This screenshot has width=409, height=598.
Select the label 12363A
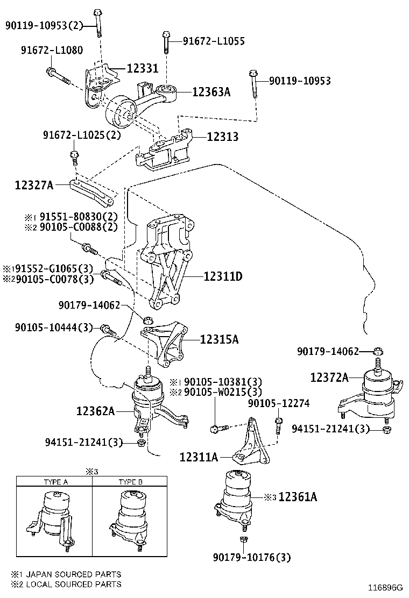pos(211,92)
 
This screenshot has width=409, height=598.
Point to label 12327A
pos(34,186)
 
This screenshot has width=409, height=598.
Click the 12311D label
pos(223,277)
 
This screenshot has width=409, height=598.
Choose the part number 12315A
pos(219,339)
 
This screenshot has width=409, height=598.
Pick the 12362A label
pos(95,411)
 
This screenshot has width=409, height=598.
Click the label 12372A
pos(329,378)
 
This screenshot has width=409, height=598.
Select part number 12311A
pos(199,457)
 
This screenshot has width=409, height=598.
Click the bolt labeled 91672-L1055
pos(167,42)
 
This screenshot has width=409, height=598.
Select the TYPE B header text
pos(130,482)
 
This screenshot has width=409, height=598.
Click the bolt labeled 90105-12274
pos(278,425)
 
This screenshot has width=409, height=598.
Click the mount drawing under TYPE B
pos(130,519)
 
